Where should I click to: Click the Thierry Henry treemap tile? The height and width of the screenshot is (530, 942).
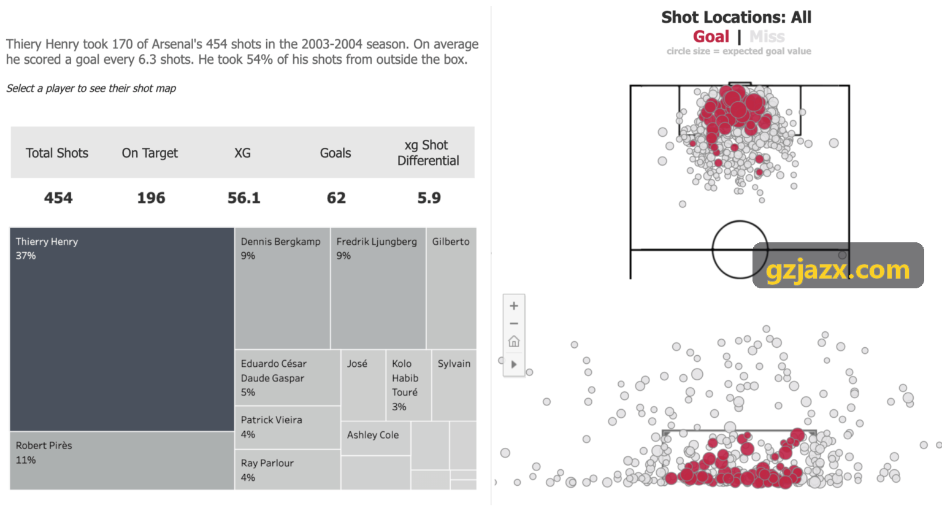[x=122, y=329]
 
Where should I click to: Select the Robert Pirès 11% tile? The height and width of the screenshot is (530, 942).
[x=122, y=461]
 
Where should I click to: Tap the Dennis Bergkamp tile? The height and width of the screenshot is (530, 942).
[x=282, y=288]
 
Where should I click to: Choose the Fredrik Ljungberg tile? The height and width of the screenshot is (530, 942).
[x=378, y=288]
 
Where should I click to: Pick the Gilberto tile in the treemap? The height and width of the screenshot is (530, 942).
[x=451, y=288]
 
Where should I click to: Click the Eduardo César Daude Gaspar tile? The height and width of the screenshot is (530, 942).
[x=288, y=377]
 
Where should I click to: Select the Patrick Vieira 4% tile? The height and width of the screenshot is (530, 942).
[x=288, y=428]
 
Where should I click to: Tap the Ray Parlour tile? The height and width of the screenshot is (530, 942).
[x=288, y=469]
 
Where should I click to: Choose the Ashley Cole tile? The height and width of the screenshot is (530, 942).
[x=375, y=438]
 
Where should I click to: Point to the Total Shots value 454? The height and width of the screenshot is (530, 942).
[x=58, y=198]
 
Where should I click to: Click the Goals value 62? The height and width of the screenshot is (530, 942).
[x=336, y=198]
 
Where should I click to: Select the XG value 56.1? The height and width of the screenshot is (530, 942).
[x=244, y=198]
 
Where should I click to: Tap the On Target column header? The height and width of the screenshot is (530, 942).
[x=150, y=153]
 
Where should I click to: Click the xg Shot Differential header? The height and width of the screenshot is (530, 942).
[x=428, y=153]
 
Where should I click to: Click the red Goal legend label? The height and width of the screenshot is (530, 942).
[x=711, y=37]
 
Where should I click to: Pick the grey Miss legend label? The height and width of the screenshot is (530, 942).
[x=767, y=37]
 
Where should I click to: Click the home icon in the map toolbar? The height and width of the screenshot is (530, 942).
[x=514, y=341]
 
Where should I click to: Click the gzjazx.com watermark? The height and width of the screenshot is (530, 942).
[x=838, y=270]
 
